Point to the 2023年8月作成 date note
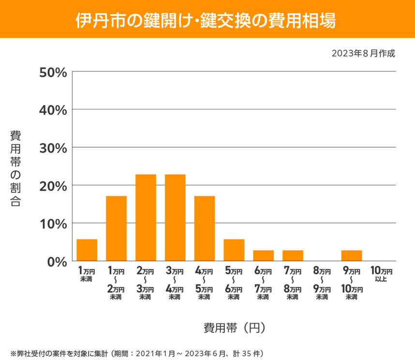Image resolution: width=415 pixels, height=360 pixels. (363, 54)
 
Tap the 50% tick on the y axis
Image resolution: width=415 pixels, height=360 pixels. (53, 72)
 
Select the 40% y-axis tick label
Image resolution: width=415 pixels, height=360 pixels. (53, 110)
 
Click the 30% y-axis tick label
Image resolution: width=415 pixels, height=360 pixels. (53, 148)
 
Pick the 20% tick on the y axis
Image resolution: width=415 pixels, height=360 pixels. (53, 185)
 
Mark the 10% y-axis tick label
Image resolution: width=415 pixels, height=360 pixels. (53, 224)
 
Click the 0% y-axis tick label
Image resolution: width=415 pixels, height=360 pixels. (56, 261)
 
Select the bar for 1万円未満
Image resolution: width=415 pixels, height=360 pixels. (87, 250)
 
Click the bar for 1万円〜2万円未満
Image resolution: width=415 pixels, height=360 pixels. (116, 228)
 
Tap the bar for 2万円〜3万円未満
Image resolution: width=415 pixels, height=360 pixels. (146, 218)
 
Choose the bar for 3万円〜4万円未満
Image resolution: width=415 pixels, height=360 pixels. (175, 218)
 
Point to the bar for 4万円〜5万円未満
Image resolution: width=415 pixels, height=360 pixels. (205, 228)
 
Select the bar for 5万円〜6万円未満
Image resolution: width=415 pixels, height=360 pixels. (234, 250)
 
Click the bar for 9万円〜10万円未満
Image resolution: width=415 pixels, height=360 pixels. (352, 255)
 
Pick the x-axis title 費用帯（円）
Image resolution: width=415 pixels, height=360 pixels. (234, 328)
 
